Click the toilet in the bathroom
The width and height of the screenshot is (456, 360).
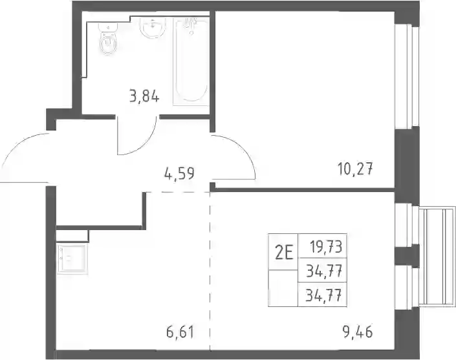(x=108, y=39)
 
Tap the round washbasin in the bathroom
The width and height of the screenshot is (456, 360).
(x=153, y=27)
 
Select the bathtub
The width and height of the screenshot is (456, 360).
(x=191, y=61)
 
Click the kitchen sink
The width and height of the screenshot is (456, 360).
(x=72, y=259)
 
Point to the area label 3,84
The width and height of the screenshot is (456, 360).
(x=144, y=96)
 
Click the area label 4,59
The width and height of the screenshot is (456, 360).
(x=179, y=174)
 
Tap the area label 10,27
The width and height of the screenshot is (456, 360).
(x=355, y=169)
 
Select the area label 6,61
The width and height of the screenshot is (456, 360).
(x=180, y=332)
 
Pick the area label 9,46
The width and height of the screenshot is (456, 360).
(x=358, y=332)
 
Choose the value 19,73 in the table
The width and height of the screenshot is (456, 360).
(x=326, y=248)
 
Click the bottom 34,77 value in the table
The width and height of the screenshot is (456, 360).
(x=323, y=296)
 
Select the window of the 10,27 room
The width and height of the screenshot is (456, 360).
(x=406, y=76)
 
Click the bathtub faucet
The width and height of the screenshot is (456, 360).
(x=191, y=24)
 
